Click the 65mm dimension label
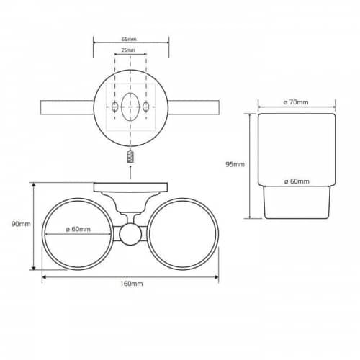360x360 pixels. pyautogui.click(x=129, y=39)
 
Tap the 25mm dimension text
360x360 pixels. pyautogui.click(x=128, y=50)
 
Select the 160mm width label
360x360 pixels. pyautogui.click(x=132, y=284)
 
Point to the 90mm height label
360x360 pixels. pyautogui.click(x=21, y=224)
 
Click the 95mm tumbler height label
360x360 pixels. pyautogui.click(x=235, y=164)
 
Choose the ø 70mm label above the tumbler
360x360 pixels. pyautogui.click(x=296, y=102)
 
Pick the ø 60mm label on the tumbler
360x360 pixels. pyautogui.click(x=297, y=181)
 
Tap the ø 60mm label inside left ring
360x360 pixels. pyautogui.click(x=78, y=229)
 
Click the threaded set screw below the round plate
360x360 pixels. pyautogui.click(x=130, y=157)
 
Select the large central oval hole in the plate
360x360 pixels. pyautogui.click(x=130, y=107)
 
